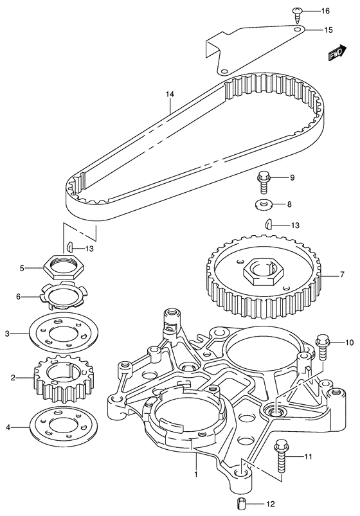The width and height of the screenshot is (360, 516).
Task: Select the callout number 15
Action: [x=328, y=30]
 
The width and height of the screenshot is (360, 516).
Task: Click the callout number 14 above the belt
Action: [x=170, y=94]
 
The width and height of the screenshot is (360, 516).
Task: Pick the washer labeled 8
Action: [x=263, y=205]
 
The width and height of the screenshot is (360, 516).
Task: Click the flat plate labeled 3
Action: [x=64, y=334]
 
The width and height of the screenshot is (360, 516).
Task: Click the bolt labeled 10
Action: [x=322, y=347]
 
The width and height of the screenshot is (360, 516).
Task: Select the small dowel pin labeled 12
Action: [x=242, y=503]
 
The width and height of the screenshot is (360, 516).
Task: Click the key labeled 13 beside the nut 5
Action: [x=69, y=247]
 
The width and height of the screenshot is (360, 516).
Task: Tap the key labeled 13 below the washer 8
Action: [x=269, y=224]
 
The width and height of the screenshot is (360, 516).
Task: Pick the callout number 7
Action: [x=342, y=274]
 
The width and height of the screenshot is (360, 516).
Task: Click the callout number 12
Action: [x=270, y=504]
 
